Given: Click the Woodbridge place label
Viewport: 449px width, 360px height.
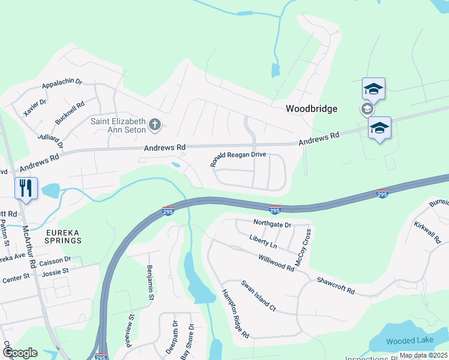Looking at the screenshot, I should [x=311, y=109].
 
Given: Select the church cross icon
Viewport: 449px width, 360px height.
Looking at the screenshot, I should [x=155, y=125].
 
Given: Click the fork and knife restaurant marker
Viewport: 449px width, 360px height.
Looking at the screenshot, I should [x=26, y=188].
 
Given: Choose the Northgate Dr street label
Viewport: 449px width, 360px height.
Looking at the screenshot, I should [x=272, y=224].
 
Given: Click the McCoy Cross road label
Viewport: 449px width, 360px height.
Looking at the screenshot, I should [x=303, y=247].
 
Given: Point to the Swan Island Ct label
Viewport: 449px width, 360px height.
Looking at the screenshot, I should [x=258, y=296].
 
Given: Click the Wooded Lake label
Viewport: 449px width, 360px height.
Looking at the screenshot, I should [x=409, y=341].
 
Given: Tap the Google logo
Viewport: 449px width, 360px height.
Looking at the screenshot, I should [x=19, y=353].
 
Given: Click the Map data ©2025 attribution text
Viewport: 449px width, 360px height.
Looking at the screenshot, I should [x=424, y=356].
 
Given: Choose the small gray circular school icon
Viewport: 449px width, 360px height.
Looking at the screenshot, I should [x=366, y=109].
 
